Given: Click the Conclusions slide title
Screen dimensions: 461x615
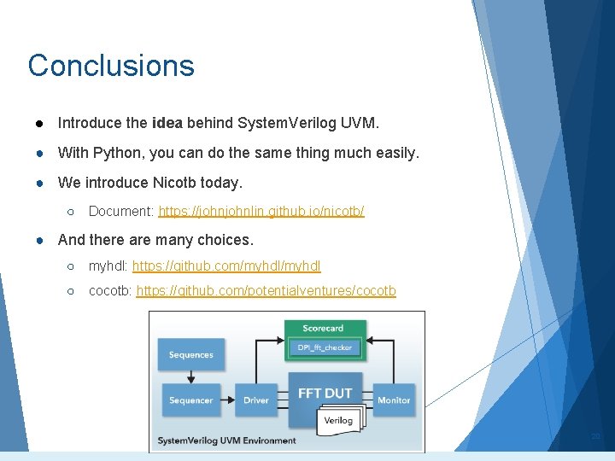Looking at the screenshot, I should (111, 66).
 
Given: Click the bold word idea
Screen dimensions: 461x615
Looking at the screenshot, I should (166, 123).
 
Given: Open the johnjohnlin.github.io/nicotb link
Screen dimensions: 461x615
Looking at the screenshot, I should (261, 211).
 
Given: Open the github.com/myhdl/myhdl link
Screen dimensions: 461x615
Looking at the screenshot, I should (226, 266).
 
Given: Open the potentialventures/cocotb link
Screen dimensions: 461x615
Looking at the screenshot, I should (266, 291).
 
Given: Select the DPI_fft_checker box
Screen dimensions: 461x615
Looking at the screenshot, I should (324, 347).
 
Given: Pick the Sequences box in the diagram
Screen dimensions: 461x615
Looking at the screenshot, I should (190, 355).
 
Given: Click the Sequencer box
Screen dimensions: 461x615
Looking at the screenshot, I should (190, 400).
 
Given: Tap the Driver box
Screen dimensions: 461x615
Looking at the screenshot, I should (255, 400).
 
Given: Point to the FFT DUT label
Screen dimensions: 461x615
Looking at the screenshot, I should (325, 393).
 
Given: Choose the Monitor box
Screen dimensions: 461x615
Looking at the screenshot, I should (394, 400).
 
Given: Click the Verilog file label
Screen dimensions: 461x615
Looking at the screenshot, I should (338, 420).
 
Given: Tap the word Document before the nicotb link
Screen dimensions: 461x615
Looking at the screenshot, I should (120, 211).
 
